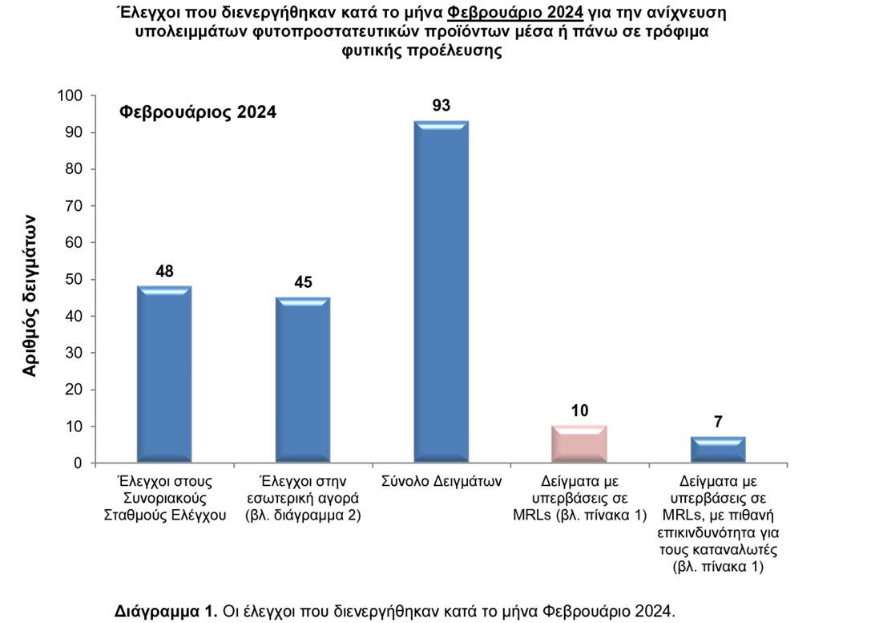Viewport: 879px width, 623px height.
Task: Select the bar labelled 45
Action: [302, 380]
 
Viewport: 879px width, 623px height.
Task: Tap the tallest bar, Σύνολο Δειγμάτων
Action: [441, 292]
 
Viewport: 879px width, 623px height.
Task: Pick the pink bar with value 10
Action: [579, 444]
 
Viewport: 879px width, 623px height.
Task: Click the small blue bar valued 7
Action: [718, 450]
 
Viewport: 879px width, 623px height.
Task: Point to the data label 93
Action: [442, 106]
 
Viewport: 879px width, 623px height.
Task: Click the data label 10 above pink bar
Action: [579, 411]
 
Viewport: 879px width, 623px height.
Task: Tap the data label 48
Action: [164, 270]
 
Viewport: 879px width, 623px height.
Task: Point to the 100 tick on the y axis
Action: [71, 96]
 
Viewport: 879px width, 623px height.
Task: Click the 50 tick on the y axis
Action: [74, 280]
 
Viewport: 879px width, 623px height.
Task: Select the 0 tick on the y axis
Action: [78, 463]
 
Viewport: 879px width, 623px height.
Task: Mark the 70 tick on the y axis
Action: [74, 206]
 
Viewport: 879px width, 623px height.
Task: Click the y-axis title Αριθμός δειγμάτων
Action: [29, 295]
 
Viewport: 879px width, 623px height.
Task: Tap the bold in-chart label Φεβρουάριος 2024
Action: [197, 112]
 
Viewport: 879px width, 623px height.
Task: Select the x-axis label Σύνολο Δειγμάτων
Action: [442, 482]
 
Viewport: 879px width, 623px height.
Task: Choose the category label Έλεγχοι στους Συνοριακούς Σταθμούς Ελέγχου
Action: [164, 498]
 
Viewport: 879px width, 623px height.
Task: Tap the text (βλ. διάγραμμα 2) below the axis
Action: [303, 516]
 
